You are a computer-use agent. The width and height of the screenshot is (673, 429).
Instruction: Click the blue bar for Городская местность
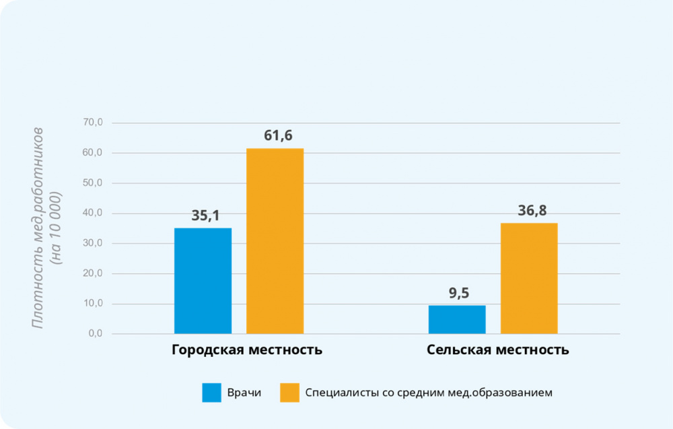(x=203, y=280)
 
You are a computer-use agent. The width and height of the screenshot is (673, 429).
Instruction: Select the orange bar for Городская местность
(x=275, y=240)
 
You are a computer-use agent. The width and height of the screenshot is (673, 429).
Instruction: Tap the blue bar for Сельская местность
(x=457, y=319)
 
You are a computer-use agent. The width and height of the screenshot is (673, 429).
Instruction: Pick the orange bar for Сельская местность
(x=529, y=278)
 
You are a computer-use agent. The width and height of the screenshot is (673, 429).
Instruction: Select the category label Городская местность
(x=247, y=351)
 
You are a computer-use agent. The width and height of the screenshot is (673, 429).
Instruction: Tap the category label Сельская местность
(x=497, y=351)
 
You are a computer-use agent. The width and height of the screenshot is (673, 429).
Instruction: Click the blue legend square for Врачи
(x=211, y=393)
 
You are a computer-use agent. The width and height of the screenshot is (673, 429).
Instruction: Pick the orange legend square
(x=289, y=393)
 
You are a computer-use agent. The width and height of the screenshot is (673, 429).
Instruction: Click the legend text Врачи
(x=244, y=393)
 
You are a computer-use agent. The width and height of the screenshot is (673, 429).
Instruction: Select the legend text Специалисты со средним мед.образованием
(x=428, y=393)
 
